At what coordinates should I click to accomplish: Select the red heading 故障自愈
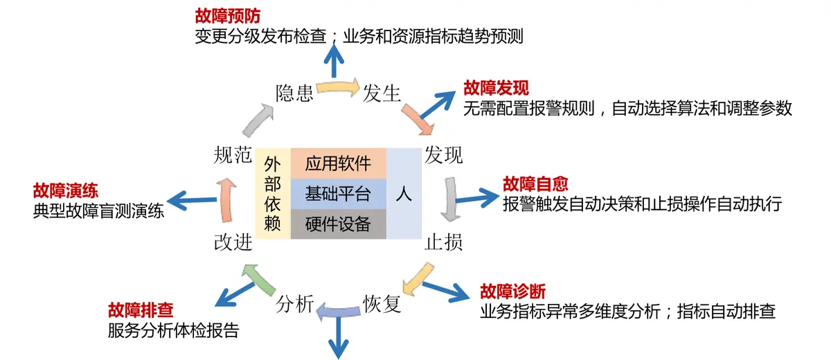pos(535,183)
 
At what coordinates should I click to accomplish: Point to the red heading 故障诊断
pos(512,291)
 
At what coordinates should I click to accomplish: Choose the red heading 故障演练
pos(65,191)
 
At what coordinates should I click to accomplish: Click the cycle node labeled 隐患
pos(294,93)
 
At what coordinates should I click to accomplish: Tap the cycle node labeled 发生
pos(382,93)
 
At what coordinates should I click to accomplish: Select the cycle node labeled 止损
pos(443,242)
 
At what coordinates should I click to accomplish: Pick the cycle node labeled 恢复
pos(382,303)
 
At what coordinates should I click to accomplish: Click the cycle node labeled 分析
pos(295,303)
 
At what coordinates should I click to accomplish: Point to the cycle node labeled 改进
pos(233,242)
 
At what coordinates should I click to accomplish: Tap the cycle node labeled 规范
pos(233,155)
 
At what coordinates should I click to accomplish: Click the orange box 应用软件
pos(338,163)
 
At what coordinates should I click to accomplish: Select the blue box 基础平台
pos(338,194)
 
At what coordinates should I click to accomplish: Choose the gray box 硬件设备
pos(338,224)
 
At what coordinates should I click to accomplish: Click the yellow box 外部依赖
pos(272,194)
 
